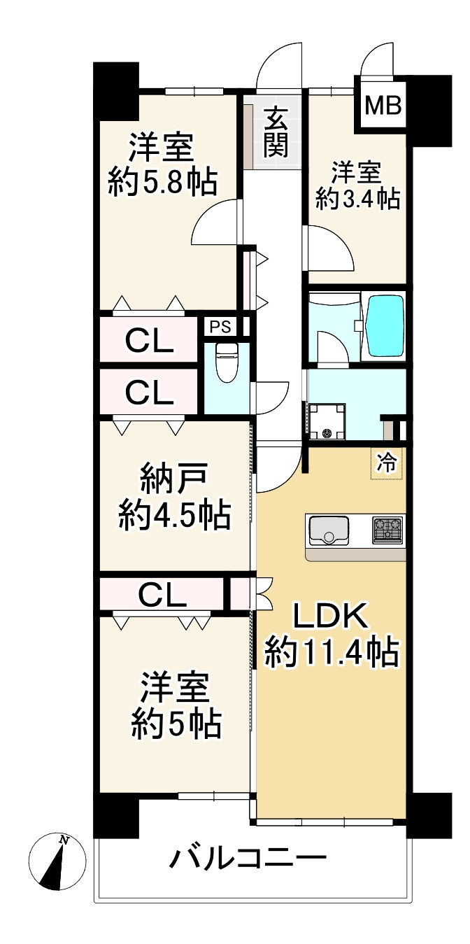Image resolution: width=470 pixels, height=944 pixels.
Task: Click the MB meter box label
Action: pyautogui.click(x=383, y=106)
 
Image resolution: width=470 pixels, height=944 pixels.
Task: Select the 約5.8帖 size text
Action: pyautogui.click(x=162, y=183)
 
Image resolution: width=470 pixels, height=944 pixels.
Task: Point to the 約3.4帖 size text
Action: pyautogui.click(x=357, y=199)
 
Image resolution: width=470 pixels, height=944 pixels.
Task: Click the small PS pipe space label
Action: pyautogui.click(x=220, y=325)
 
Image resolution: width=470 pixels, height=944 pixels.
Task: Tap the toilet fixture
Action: pyautogui.click(x=226, y=362)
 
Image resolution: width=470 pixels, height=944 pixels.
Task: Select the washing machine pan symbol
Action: pyautogui.click(x=327, y=421)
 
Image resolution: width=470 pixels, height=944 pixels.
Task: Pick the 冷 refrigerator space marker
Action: pyautogui.click(x=386, y=463)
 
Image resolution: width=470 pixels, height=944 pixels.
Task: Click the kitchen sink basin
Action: pyautogui.click(x=327, y=530)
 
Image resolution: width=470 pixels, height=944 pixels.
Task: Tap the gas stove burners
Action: pyautogui.click(x=387, y=530)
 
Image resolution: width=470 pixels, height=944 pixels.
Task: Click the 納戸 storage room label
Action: pyautogui.click(x=173, y=481)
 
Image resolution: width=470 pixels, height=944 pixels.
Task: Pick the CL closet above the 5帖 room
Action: pyautogui.click(x=162, y=594)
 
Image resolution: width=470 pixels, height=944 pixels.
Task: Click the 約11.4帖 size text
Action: pyautogui.click(x=332, y=653)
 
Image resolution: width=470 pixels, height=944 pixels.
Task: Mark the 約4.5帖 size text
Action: pyautogui.click(x=174, y=516)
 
